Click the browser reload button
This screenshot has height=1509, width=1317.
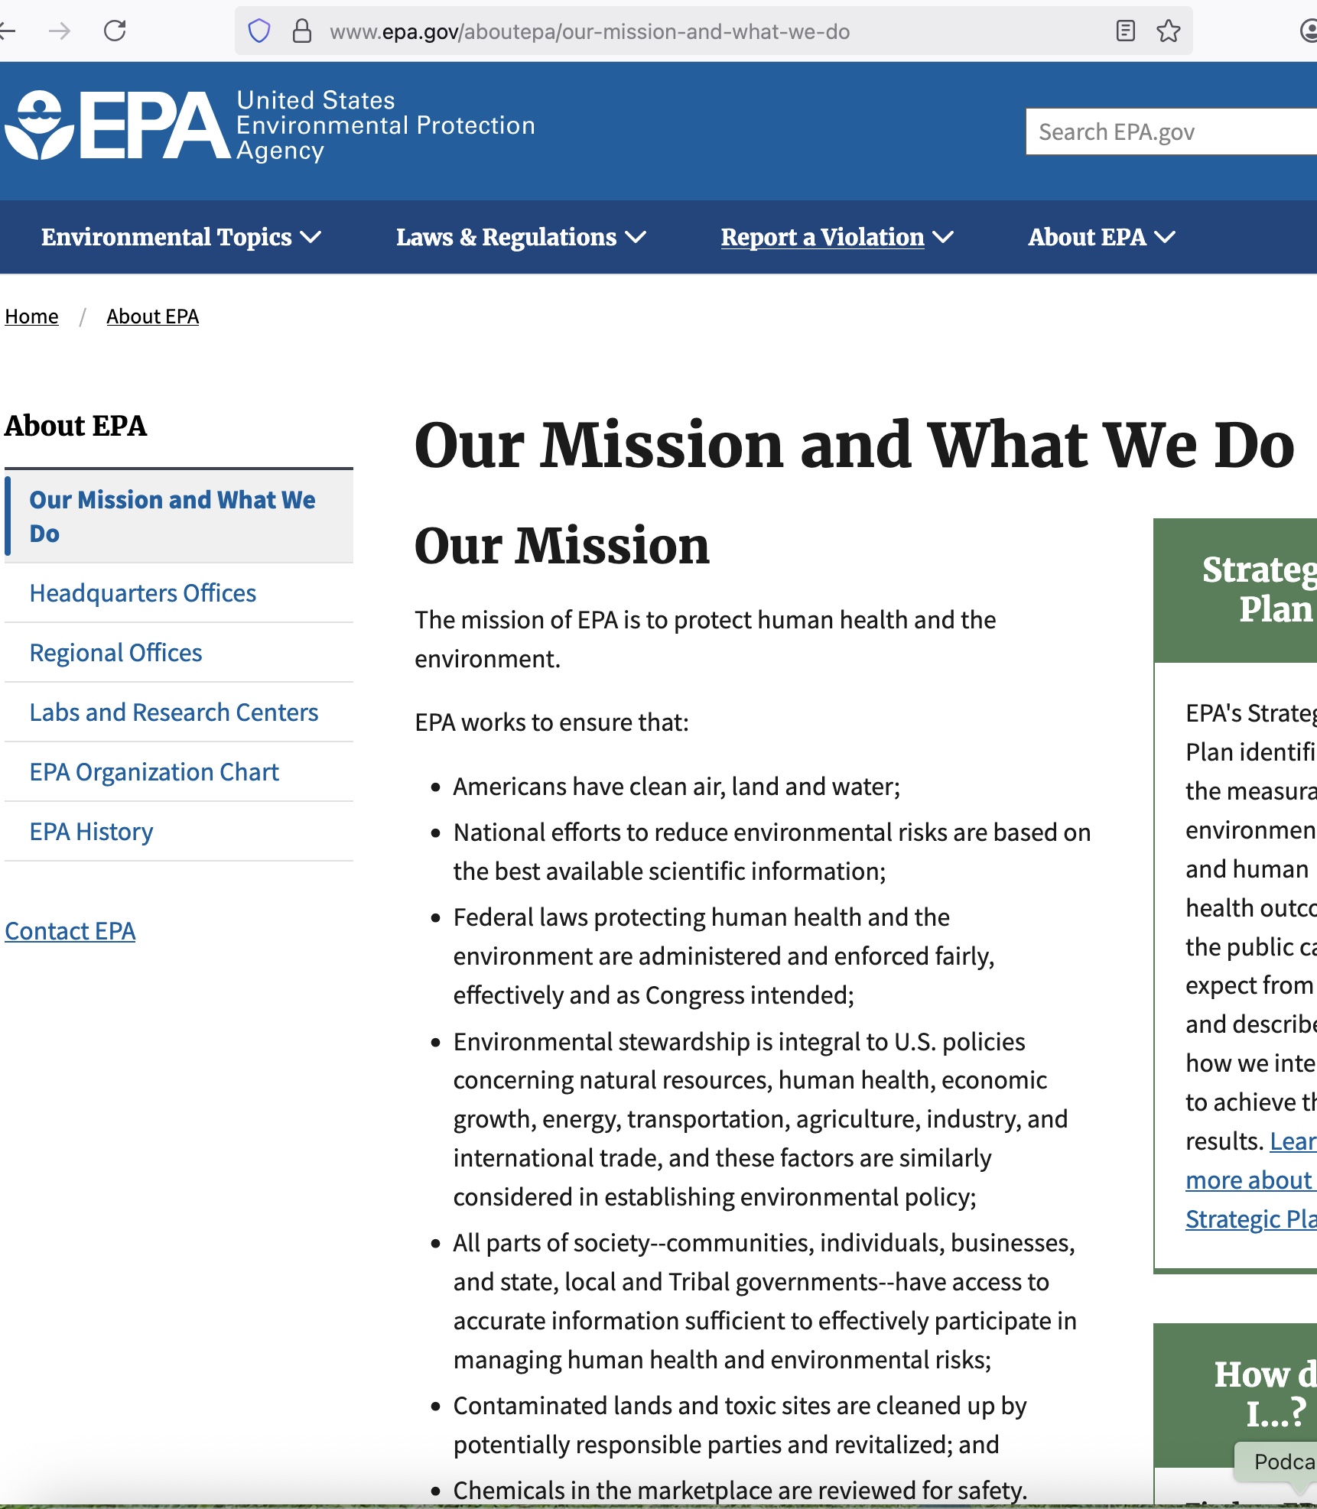[x=115, y=31]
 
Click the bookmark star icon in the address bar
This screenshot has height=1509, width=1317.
[x=1168, y=31]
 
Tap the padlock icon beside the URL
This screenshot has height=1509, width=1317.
[x=302, y=31]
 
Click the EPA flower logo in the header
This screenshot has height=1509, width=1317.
[x=40, y=125]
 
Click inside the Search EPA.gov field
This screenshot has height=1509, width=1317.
[x=1170, y=132]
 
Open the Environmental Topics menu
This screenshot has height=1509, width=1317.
[x=180, y=237]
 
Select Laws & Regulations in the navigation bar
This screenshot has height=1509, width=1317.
[x=520, y=237]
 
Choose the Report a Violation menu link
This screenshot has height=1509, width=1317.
[x=823, y=237]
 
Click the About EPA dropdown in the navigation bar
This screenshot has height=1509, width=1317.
[x=1101, y=237]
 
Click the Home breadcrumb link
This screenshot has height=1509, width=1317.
[x=31, y=316]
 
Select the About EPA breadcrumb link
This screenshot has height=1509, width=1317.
[x=152, y=316]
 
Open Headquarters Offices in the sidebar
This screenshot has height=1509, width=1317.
[x=142, y=593]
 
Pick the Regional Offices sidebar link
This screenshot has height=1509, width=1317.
[x=115, y=653]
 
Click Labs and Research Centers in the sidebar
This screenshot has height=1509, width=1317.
[x=174, y=712]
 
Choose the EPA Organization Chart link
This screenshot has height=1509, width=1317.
[x=154, y=772]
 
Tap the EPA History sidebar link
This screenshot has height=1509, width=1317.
[x=91, y=832]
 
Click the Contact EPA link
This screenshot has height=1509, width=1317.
[x=70, y=931]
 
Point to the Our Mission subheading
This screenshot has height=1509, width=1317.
[x=562, y=546]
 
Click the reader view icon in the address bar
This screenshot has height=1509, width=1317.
[x=1125, y=31]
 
